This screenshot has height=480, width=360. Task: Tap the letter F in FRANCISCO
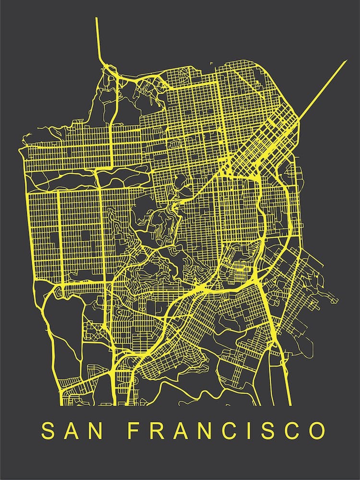click(133, 431)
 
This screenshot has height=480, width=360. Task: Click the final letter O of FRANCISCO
click(316, 431)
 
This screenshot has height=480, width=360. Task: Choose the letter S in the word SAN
click(48, 431)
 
